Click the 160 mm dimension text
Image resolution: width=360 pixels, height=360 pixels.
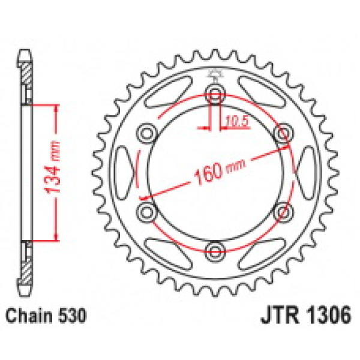pos(219,170)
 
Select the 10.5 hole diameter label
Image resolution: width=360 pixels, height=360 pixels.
pos(237,121)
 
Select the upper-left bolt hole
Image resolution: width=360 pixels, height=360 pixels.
pos(147,133)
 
